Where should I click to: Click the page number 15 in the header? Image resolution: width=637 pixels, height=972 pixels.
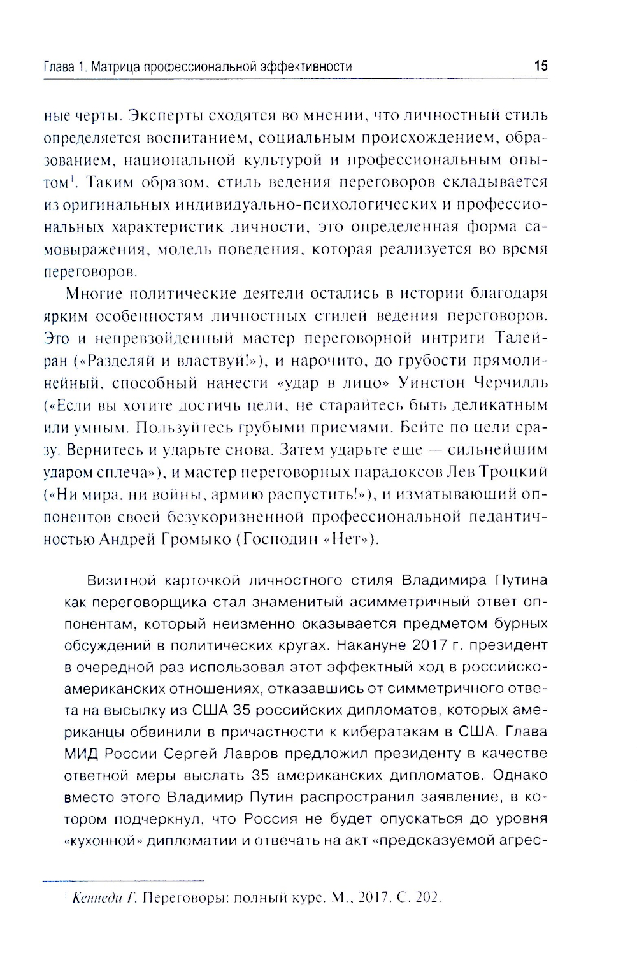pos(540,66)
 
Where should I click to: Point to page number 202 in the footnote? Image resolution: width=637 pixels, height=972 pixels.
pos(427,898)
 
